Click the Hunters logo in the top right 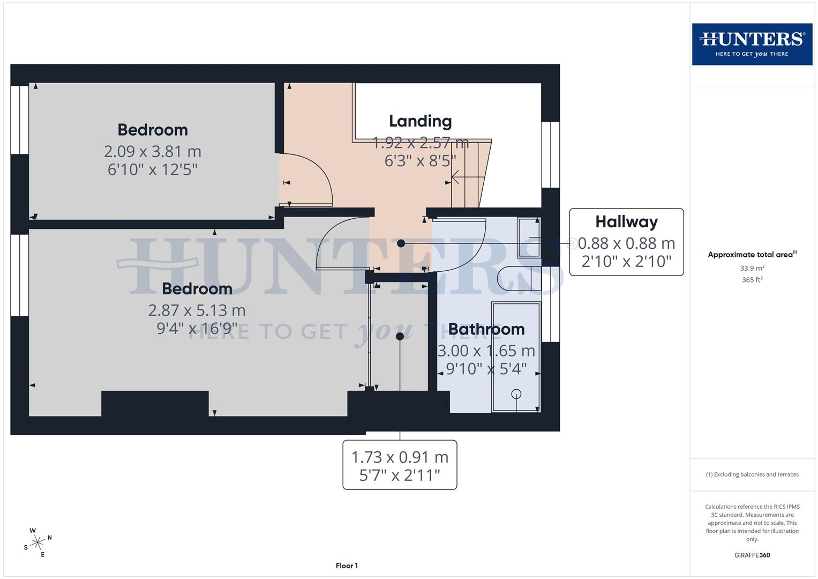click(752, 44)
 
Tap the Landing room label click(420, 121)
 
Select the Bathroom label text click(486, 329)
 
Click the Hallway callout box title click(626, 221)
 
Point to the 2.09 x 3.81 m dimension click(153, 151)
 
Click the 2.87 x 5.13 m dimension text click(197, 310)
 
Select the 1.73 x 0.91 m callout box click(400, 465)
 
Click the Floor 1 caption click(347, 566)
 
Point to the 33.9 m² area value click(752, 268)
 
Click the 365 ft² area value click(752, 280)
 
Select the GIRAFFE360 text click(752, 555)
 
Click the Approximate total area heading click(752, 255)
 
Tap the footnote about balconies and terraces click(752, 474)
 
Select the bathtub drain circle click(516, 394)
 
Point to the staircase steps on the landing click(469, 174)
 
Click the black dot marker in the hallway click(401, 243)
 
